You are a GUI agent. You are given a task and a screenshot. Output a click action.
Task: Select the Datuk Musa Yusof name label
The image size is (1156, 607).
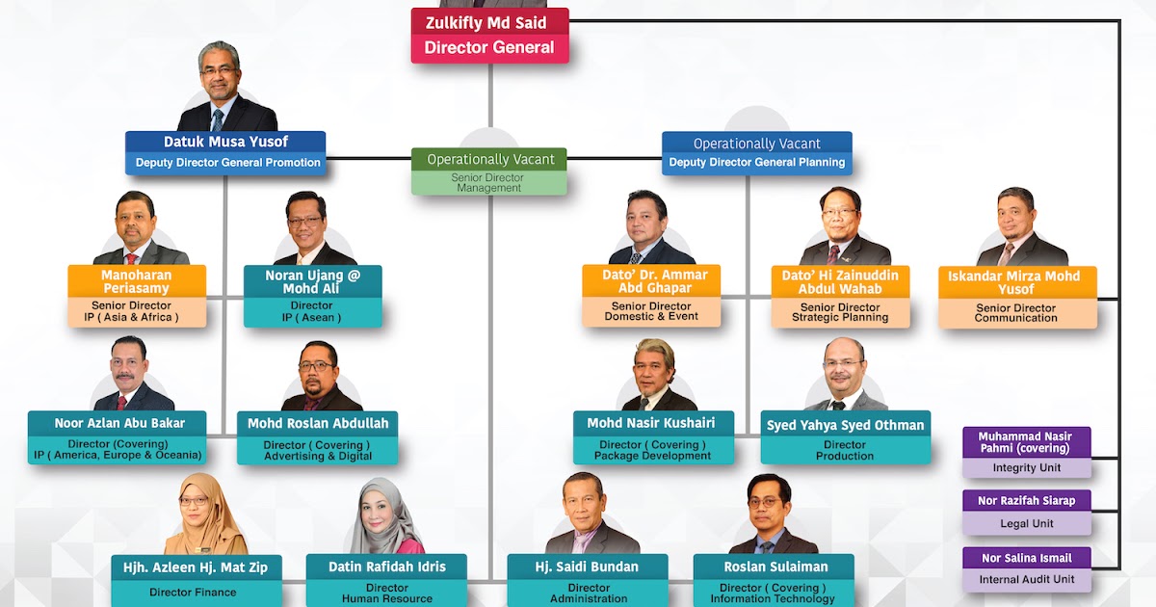225,142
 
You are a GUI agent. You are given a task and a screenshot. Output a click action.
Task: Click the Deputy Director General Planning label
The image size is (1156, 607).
756,163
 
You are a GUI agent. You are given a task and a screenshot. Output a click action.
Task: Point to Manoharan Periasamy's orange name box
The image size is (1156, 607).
137,281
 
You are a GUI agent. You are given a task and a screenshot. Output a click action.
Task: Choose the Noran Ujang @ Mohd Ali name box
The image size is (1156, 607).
312,281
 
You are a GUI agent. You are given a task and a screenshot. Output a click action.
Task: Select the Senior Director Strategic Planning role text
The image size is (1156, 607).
839,312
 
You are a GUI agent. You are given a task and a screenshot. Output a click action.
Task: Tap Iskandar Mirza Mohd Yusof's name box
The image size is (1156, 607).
1016,281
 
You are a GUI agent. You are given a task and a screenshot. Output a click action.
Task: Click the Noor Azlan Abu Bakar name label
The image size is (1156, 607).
118,423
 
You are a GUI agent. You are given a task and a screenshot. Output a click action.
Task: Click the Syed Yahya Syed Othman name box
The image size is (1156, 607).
845,425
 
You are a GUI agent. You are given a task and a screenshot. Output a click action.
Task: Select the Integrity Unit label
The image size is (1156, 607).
1027,467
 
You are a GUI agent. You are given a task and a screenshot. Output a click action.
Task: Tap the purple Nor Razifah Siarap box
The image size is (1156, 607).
1027,500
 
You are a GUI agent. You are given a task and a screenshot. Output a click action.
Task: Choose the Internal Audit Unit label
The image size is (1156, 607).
1027,579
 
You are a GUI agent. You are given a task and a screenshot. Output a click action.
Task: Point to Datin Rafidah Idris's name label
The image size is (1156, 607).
387,567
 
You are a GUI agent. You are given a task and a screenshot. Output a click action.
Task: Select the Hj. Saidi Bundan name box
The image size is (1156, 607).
588,567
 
